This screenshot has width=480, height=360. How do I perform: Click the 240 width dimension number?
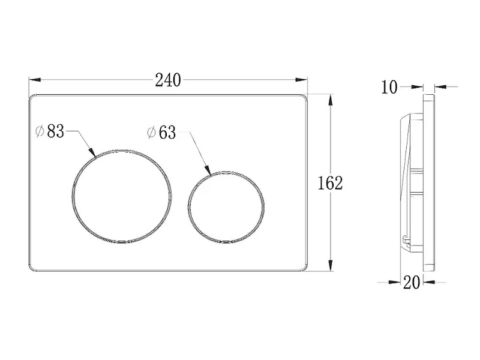tap(168, 80)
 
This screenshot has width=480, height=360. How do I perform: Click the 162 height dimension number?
tap(330, 183)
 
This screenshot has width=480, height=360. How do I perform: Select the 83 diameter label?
tap(56, 131)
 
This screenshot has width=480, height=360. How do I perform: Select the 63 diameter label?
tap(167, 133)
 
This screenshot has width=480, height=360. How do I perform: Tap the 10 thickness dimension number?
tap(389, 87)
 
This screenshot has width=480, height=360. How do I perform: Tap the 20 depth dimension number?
tap(412, 282)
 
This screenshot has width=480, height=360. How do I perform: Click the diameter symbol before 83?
tap(40, 131)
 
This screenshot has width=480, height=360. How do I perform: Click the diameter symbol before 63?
tap(152, 133)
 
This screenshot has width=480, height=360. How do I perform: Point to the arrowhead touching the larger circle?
tap(92, 152)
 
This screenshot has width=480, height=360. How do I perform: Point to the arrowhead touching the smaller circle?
tap(208, 170)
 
